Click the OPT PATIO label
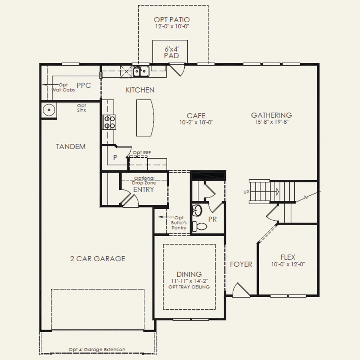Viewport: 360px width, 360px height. tap(172, 20)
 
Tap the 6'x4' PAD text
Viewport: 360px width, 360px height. tap(172, 52)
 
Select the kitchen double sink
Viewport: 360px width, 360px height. tap(141, 71)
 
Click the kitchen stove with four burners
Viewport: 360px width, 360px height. tap(109, 122)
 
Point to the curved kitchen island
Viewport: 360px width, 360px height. tap(145, 118)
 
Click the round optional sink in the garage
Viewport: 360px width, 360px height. tap(49, 110)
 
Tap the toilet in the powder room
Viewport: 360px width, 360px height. tap(200, 226)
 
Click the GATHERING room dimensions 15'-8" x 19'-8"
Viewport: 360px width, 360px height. tap(272, 122)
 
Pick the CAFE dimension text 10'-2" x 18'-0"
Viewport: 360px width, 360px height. tap(196, 122)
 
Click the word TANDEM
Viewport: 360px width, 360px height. tap(71, 147)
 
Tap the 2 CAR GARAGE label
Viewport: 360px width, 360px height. tap(98, 259)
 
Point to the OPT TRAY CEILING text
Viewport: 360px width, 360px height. tap(189, 287)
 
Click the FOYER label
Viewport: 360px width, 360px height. tap(241, 264)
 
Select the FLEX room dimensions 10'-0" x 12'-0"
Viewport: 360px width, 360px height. tap(288, 264)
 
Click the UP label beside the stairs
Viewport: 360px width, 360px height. tap(246, 192)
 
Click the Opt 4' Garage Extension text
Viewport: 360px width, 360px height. tap(97, 350)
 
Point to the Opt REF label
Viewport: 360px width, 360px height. tap(142, 153)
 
